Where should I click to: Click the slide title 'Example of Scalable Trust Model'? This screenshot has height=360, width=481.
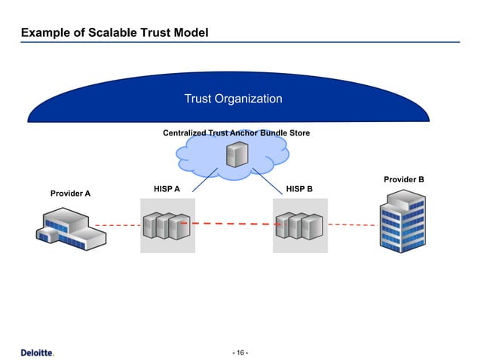pyautogui.click(x=115, y=33)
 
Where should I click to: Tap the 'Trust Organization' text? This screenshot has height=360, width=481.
pyautogui.click(x=234, y=99)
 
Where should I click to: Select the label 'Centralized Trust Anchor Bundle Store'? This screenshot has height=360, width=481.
pyautogui.click(x=236, y=133)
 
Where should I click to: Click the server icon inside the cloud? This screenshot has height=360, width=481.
pyautogui.click(x=235, y=156)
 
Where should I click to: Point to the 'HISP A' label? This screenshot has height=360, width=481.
pyautogui.click(x=167, y=188)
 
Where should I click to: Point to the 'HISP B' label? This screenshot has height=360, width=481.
pyautogui.click(x=299, y=188)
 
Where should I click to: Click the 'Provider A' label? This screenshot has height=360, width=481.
pyautogui.click(x=70, y=194)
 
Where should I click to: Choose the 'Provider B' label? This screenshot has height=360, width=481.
pyautogui.click(x=404, y=179)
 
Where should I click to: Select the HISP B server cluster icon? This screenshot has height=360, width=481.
pyautogui.click(x=300, y=226)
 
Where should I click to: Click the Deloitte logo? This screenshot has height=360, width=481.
pyautogui.click(x=37, y=352)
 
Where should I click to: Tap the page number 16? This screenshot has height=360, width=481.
pyautogui.click(x=240, y=352)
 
